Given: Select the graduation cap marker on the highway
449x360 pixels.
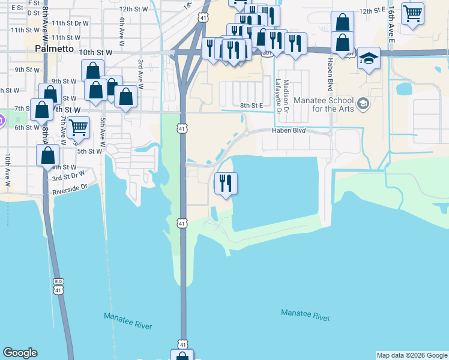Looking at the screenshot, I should click(x=369, y=59).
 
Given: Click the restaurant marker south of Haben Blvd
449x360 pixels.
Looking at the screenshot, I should click(x=226, y=183).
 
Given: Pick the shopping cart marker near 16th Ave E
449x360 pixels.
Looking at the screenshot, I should click(x=413, y=13).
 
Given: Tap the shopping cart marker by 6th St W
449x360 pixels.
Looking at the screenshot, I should click(x=79, y=127).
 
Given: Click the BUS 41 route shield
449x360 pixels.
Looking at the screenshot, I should click(x=58, y=286).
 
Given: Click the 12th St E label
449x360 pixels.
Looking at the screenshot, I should click(x=371, y=11).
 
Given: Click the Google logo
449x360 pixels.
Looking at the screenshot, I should click(x=20, y=353).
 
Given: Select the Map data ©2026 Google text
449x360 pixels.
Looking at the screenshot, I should click(x=411, y=355).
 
